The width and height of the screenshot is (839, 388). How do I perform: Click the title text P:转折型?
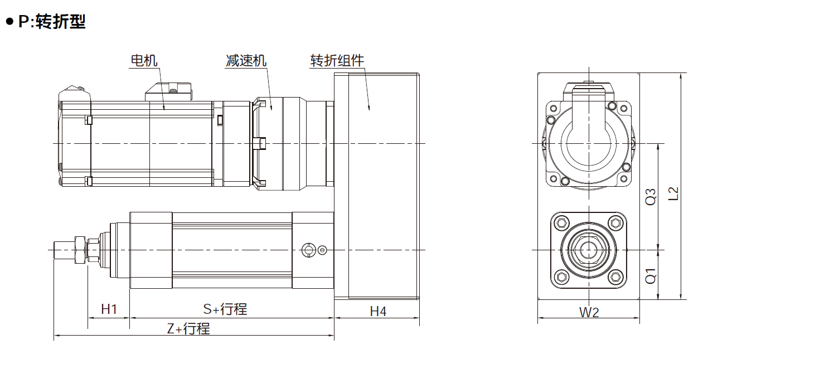(52, 22)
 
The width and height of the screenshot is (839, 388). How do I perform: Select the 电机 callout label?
(144, 60)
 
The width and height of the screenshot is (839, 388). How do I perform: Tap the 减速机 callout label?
(246, 60)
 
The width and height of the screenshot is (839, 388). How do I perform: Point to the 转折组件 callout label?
(337, 60)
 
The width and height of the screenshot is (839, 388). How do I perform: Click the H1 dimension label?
(109, 309)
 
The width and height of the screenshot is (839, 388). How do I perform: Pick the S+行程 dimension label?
(225, 309)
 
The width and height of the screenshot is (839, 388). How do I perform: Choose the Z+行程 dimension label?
(189, 329)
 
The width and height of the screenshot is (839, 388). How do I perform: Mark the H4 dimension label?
(378, 312)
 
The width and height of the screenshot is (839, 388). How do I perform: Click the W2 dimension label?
(588, 312)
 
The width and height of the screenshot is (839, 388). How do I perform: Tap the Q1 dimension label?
(651, 275)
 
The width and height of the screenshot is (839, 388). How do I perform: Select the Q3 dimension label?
(651, 197)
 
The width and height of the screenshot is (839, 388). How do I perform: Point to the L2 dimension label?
(674, 193)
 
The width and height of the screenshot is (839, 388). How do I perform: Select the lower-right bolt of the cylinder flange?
(615, 277)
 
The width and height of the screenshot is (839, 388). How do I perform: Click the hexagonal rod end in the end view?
(588, 250)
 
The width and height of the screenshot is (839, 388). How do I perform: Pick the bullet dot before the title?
(9, 22)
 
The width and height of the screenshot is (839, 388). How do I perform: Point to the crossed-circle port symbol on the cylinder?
(307, 250)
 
